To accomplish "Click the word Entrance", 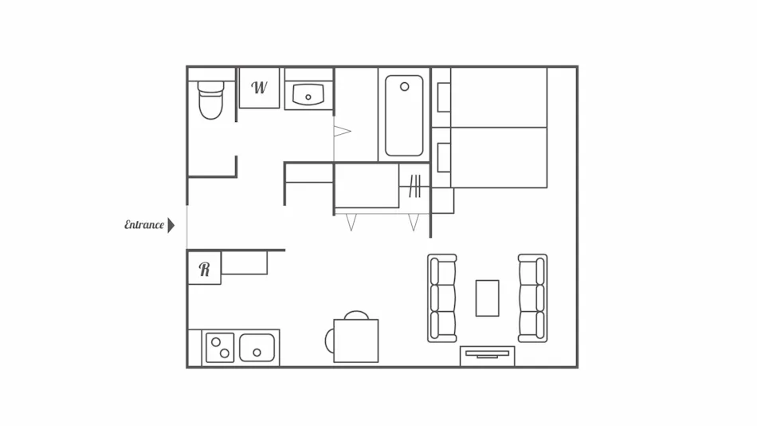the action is tap(144, 225).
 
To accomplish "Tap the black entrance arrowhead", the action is tap(171, 225).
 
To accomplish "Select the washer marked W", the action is tap(259, 88).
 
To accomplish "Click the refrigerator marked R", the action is tap(204, 268).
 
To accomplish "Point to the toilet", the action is tap(211, 100).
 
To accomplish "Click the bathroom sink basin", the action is tap(308, 94).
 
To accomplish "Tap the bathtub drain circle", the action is tap(405, 87).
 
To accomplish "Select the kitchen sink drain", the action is tap(257, 353).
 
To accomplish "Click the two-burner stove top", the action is tap(220, 348).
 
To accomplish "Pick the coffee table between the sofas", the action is tap(487, 298).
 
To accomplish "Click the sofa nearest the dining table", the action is tap(441, 298).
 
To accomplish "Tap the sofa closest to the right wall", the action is tap(532, 298).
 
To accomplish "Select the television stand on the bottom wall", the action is tap(487, 357).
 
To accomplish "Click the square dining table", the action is tap(356, 341).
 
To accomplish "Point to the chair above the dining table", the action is tap(356, 315).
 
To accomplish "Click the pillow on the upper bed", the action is tap(444, 97).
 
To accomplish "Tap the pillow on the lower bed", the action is tap(444, 158).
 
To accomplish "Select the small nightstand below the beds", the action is tap(443, 201).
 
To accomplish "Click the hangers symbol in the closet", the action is tap(414, 187).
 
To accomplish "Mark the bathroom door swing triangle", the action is tap(342, 131).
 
